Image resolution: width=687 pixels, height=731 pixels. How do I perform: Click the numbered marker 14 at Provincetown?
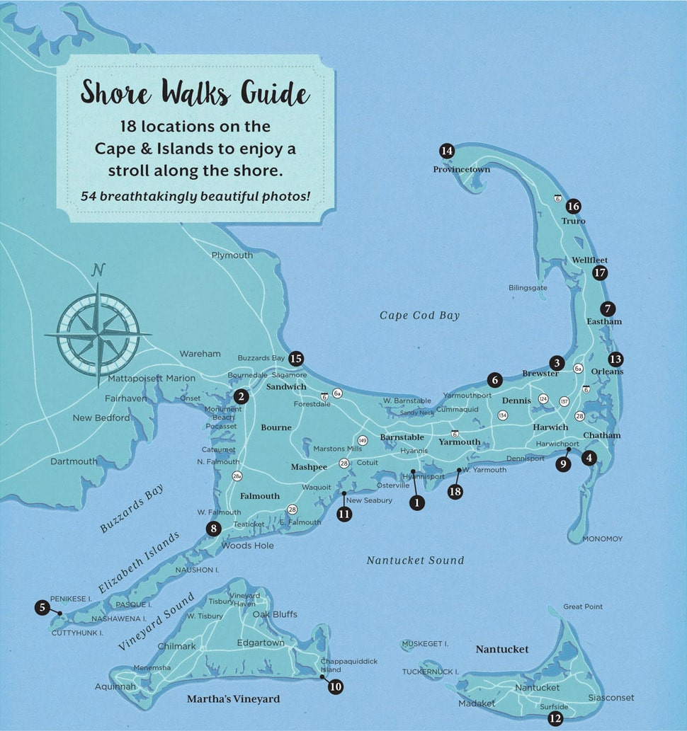[x=446, y=151]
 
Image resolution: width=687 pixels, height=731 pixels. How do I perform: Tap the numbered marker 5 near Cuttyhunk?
[x=42, y=606]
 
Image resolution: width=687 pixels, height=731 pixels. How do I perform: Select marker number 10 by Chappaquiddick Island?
[x=336, y=686]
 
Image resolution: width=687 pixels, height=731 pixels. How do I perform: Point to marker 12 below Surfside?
[x=555, y=719]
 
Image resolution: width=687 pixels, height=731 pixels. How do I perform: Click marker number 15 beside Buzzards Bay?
[x=296, y=359]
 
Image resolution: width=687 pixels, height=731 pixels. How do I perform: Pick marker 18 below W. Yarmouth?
[x=455, y=491]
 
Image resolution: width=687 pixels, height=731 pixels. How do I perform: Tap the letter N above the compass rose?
[x=98, y=270]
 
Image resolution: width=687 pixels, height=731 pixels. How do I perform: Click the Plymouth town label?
[x=232, y=255]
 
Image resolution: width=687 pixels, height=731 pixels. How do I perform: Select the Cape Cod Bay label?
[x=419, y=316]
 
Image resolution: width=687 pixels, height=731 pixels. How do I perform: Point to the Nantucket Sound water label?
[x=415, y=560]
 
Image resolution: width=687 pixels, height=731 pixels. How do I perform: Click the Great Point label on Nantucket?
[x=583, y=606]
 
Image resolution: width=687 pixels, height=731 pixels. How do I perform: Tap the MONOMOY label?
[x=602, y=539]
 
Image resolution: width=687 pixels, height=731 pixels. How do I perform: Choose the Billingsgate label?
[x=528, y=288]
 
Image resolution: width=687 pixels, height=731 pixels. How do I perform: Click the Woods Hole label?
[x=247, y=546]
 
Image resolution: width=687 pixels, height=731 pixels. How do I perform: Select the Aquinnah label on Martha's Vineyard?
[x=115, y=686]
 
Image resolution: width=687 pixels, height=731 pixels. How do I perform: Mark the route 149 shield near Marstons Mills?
[x=363, y=440]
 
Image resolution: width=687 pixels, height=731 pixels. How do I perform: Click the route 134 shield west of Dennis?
[x=503, y=415]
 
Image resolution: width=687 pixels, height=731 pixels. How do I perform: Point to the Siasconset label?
[x=611, y=698]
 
